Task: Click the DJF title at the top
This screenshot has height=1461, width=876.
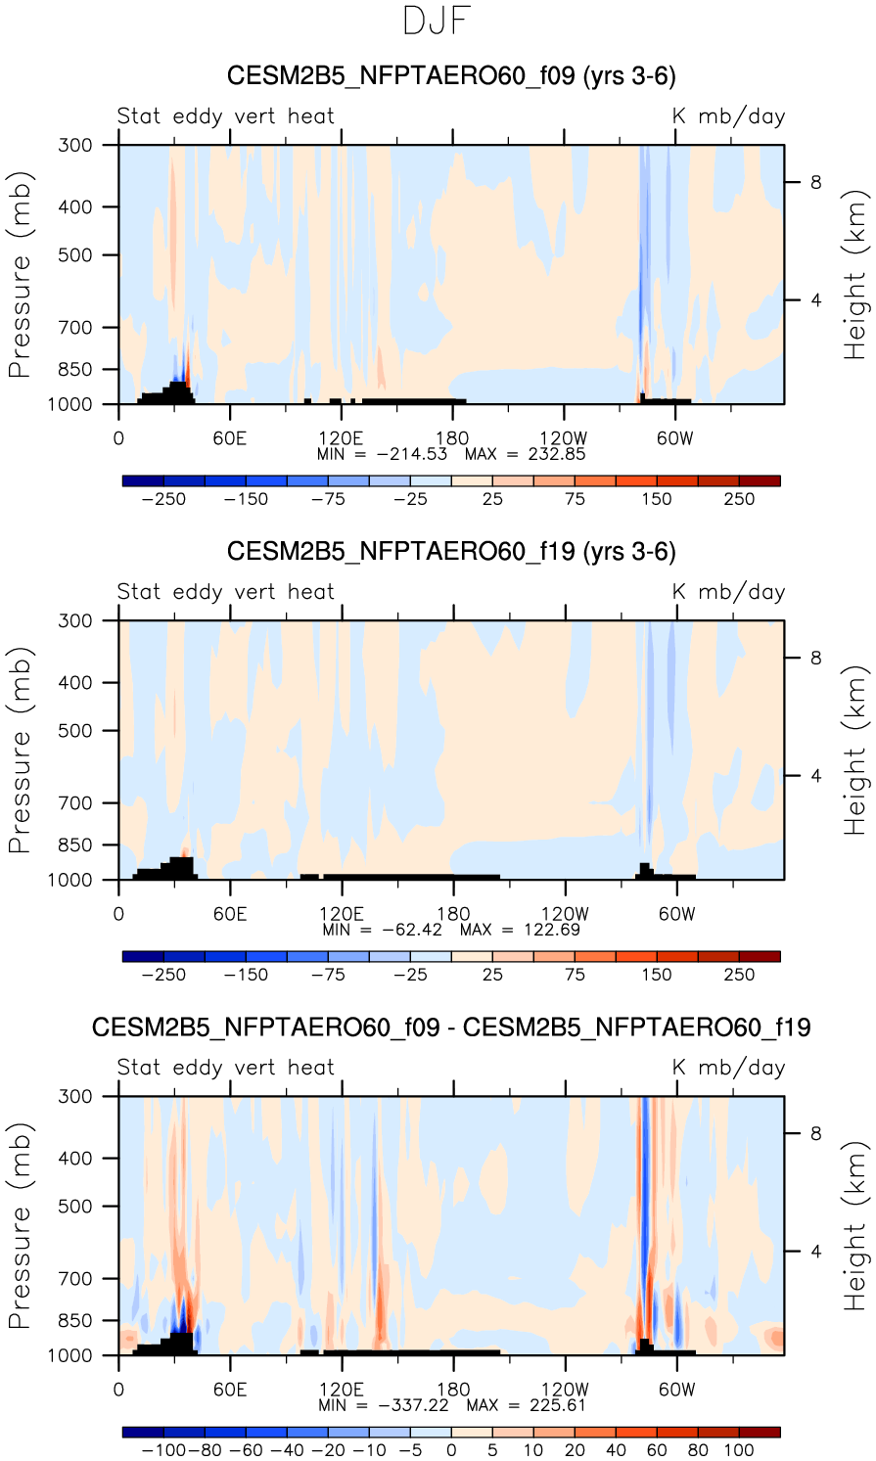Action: pyautogui.click(x=438, y=22)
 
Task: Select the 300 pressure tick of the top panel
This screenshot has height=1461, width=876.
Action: pyautogui.click(x=75, y=146)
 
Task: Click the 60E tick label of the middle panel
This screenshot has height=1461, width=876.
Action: pyautogui.click(x=230, y=914)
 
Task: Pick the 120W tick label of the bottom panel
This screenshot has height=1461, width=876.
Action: pyautogui.click(x=564, y=1390)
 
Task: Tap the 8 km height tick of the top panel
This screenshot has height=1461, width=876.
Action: pyautogui.click(x=814, y=183)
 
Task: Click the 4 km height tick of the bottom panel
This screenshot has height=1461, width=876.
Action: pyautogui.click(x=814, y=1252)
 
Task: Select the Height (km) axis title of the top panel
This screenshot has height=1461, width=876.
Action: pyautogui.click(x=855, y=275)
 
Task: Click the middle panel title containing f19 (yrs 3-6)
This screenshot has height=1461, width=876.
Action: pyautogui.click(x=451, y=552)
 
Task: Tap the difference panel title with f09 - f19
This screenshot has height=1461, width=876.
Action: pyautogui.click(x=451, y=1027)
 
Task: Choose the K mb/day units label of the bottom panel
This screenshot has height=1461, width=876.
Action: pyautogui.click(x=728, y=1068)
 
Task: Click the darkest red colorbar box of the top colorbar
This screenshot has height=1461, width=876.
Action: pyautogui.click(x=760, y=480)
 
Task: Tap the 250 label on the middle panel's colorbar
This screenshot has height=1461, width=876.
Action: pyautogui.click(x=739, y=975)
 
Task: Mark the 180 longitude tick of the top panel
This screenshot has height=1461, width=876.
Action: pyautogui.click(x=452, y=438)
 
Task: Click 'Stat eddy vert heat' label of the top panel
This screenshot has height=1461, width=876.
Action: pyautogui.click(x=226, y=116)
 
